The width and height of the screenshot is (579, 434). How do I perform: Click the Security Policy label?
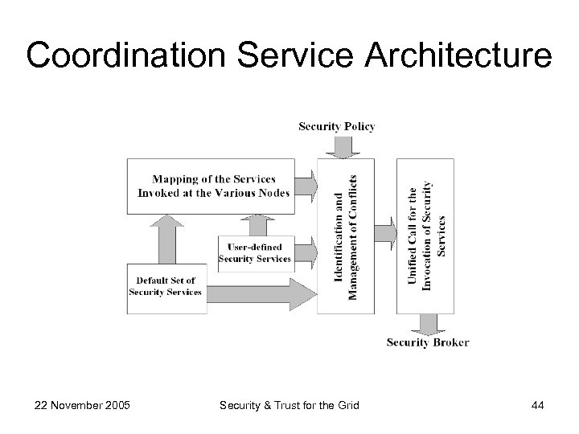(x=337, y=126)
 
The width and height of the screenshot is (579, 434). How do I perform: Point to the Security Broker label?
(x=428, y=342)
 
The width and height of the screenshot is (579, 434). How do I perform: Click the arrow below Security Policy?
(x=343, y=146)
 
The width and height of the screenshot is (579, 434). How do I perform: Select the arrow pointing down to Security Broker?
(x=429, y=324)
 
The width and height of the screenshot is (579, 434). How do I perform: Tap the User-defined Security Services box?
(x=254, y=252)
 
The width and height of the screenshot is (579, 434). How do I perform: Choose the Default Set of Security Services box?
(x=166, y=287)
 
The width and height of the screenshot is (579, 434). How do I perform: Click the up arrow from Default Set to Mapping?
(x=166, y=238)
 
